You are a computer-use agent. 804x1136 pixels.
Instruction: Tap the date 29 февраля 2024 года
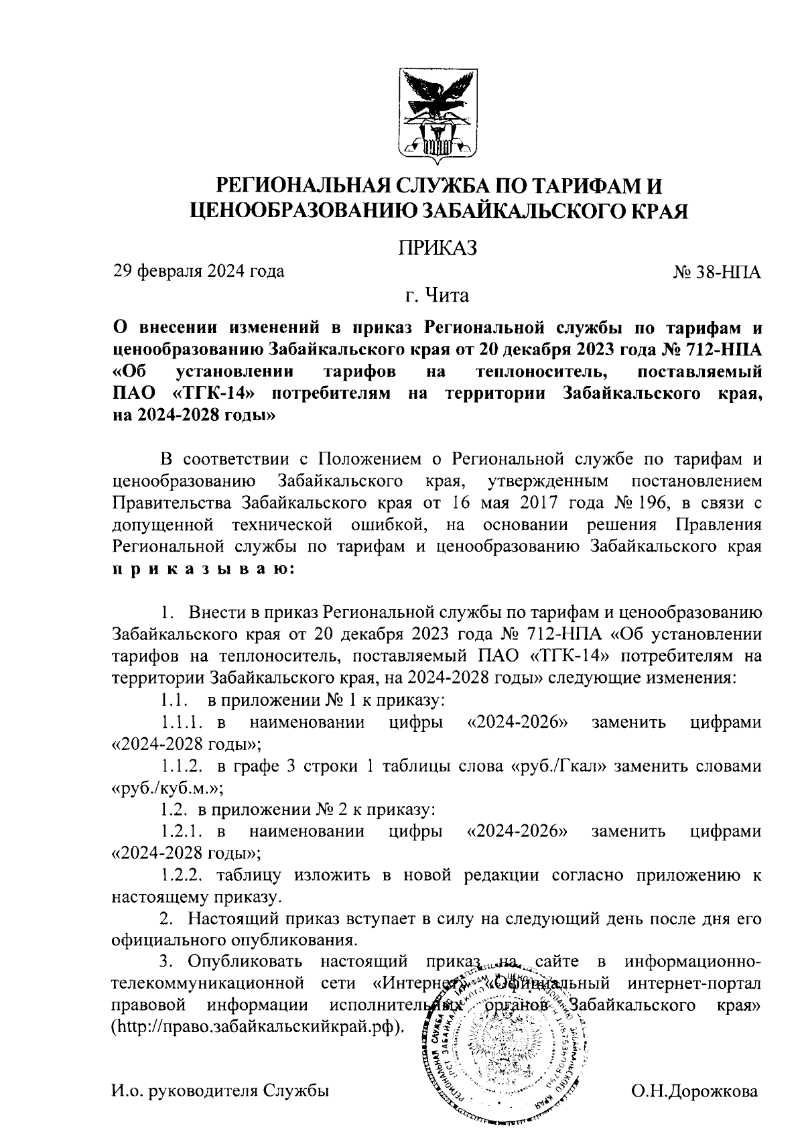coord(198,271)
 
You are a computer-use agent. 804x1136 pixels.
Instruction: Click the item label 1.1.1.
coord(182,722)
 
